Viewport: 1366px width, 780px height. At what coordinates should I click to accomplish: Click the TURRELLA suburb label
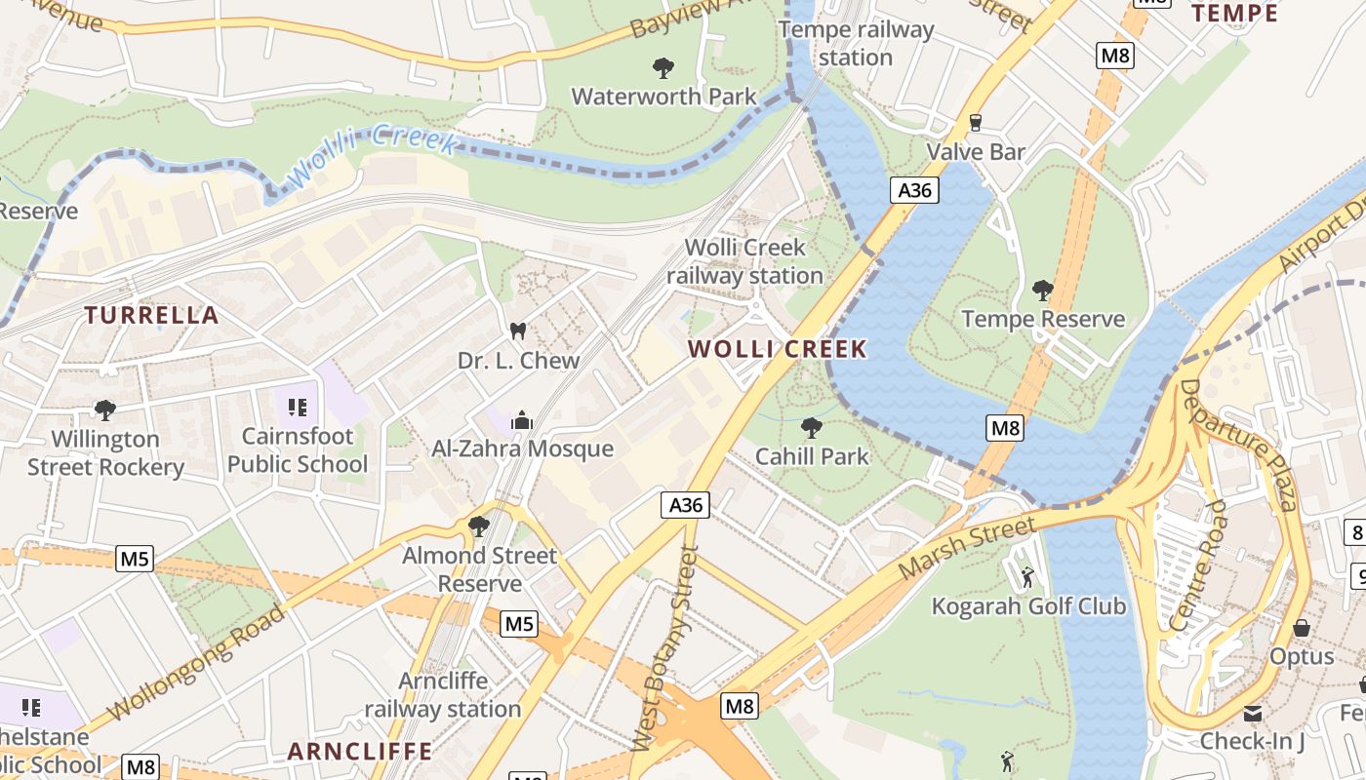click(151, 315)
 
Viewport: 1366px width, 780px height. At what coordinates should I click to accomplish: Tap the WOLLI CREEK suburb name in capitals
click(778, 349)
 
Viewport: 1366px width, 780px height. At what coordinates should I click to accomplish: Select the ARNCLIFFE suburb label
click(360, 751)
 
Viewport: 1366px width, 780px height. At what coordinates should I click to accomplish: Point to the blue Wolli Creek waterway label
click(374, 155)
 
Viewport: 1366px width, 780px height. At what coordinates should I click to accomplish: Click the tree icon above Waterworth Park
click(663, 67)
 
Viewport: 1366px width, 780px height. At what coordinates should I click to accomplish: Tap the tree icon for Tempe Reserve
click(1042, 290)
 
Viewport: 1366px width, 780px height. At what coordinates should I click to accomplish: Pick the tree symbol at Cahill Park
click(811, 427)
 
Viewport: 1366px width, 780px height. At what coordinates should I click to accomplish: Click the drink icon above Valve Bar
click(974, 123)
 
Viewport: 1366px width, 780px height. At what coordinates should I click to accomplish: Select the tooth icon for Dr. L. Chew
click(518, 331)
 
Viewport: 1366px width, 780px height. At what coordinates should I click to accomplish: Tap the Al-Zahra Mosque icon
click(522, 420)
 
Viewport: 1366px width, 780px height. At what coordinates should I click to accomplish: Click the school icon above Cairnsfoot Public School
click(298, 407)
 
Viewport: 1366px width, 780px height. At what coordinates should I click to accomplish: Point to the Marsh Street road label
click(965, 549)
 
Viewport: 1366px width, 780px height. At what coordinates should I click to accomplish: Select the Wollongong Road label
click(196, 663)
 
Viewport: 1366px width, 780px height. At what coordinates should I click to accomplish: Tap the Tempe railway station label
click(856, 44)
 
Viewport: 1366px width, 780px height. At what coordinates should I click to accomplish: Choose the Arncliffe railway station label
click(443, 695)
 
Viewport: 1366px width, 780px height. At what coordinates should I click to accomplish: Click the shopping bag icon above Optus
click(1301, 628)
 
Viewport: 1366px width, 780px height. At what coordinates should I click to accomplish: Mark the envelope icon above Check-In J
click(1252, 714)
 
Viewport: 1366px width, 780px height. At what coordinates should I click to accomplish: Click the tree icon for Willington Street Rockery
click(104, 410)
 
